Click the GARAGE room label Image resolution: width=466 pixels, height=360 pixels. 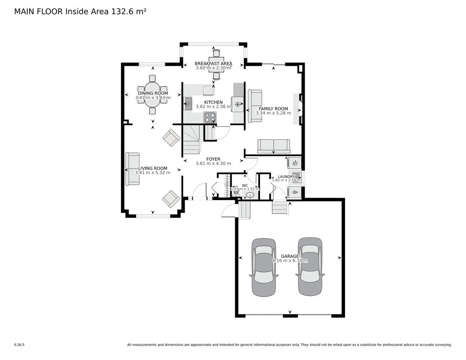click(x=290, y=256)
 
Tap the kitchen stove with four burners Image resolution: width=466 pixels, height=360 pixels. click(x=210, y=117)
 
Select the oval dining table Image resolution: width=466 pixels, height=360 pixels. click(x=152, y=94)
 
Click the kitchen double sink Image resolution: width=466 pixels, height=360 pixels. click(x=188, y=104)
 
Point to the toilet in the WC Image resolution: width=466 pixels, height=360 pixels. click(x=236, y=192)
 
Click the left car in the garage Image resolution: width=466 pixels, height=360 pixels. click(x=264, y=267)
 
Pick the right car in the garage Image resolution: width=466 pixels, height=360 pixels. click(x=310, y=266)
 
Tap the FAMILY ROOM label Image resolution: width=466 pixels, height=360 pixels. click(x=273, y=109)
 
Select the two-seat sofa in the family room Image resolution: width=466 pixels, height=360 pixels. click(x=273, y=147)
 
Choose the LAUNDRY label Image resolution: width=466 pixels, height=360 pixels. click(x=286, y=176)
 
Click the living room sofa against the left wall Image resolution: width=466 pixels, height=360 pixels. click(x=132, y=169)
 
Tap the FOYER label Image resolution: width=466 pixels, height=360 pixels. click(x=213, y=159)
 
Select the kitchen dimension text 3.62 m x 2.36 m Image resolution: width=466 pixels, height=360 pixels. click(x=214, y=107)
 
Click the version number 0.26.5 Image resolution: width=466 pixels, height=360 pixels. click(x=19, y=345)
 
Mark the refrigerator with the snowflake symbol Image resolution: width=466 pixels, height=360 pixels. click(x=237, y=104)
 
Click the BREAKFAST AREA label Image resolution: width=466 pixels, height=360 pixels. click(x=214, y=63)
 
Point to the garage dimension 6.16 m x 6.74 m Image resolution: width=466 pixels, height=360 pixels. click(x=290, y=261)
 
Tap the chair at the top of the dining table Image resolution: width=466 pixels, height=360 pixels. click(x=152, y=78)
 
